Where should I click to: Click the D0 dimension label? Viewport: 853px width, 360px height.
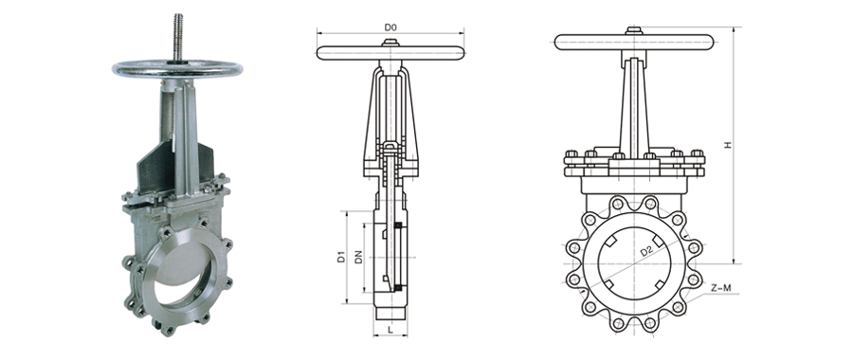pos(390,27)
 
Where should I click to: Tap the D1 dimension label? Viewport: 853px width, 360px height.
pos(341,257)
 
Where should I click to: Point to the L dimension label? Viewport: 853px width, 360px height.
pos(390,330)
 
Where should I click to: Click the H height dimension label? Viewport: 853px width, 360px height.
pos(729,144)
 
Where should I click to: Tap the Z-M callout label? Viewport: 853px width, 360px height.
pos(721,288)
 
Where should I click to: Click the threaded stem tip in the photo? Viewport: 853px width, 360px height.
pos(177,19)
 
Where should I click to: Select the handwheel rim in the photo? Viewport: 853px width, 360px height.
pos(177,69)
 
